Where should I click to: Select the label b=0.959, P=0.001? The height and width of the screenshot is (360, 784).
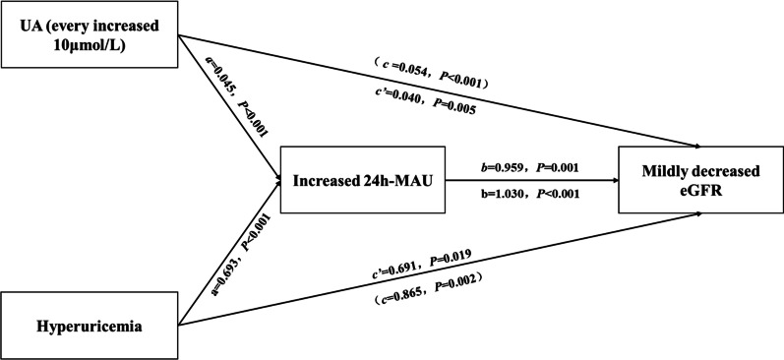[532, 168]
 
